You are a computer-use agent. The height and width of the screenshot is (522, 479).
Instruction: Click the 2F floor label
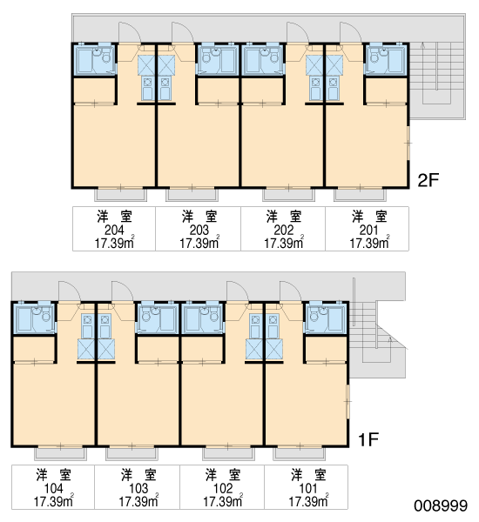tap(428, 180)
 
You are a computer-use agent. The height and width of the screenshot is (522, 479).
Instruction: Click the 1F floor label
tap(368, 439)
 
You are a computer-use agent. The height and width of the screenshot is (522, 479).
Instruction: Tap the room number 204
tap(114, 230)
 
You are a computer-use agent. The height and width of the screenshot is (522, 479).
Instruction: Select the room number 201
tap(368, 230)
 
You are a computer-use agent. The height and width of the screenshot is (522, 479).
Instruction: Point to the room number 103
tap(138, 488)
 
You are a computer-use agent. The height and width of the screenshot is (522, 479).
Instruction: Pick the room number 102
tap(223, 488)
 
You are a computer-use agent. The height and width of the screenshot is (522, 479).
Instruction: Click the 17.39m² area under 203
tap(199, 243)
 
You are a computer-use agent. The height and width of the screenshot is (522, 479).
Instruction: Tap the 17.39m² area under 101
tap(308, 501)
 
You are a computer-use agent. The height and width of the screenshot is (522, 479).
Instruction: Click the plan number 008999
tap(441, 505)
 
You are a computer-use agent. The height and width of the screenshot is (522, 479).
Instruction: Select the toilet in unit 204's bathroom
tap(106, 58)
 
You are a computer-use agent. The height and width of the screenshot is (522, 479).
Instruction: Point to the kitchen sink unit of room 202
tap(314, 89)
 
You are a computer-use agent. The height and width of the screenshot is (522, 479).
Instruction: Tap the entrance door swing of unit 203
tap(183, 33)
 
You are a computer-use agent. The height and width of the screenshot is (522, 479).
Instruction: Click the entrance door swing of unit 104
tap(70, 291)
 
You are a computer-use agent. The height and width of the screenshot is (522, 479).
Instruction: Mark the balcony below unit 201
tap(360, 195)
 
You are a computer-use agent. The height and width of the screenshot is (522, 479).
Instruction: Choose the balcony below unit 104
tap(61, 454)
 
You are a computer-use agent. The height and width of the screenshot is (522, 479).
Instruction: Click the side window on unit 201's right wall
tap(408, 144)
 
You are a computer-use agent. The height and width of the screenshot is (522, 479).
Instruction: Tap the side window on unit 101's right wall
tap(347, 401)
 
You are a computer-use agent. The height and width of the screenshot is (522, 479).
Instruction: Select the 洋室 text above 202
tap(284, 217)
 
